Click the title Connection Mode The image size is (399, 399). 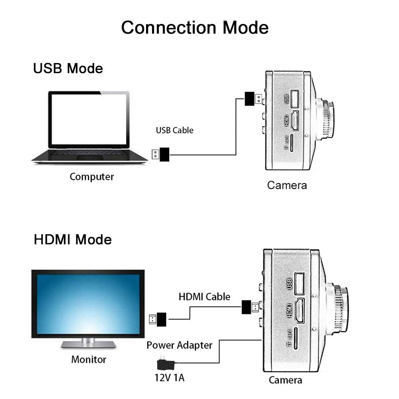195,28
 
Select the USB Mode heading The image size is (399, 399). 68,68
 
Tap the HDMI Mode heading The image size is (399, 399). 73,240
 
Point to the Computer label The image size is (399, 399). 92,177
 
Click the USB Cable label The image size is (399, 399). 174,130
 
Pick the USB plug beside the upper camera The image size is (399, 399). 253,99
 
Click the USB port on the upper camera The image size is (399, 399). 295,98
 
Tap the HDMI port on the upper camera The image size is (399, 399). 295,121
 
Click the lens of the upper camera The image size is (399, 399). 326,119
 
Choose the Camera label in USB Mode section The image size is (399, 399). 287,185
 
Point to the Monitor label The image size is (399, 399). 89,359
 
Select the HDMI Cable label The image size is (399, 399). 204,296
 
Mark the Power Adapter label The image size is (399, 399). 179,345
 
